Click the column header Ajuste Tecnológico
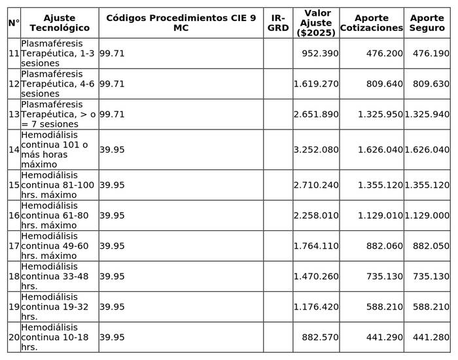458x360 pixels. pos(59,23)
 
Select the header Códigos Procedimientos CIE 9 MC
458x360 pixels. pos(181,23)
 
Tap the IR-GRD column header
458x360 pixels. pos(278,23)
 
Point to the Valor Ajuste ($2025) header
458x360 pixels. pos(315,23)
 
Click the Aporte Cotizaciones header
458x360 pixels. pos(371,23)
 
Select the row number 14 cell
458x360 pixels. pos(14,149)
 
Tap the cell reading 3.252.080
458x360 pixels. pos(316,149)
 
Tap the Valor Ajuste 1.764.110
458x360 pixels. pos(316,245)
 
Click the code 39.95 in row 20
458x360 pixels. pos(112,337)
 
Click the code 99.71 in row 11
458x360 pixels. pos(112,53)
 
